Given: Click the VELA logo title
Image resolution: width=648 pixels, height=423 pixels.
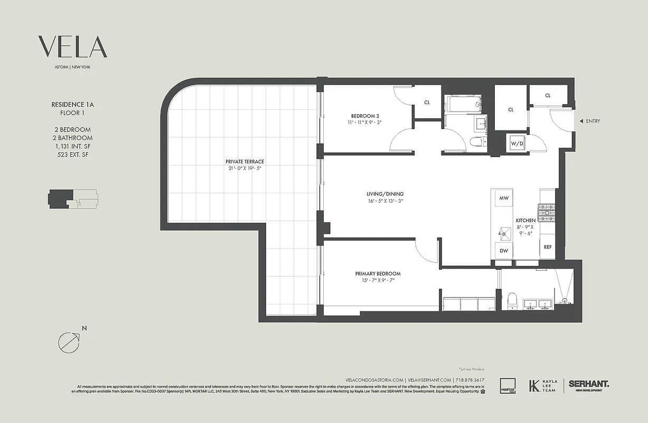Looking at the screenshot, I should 72,47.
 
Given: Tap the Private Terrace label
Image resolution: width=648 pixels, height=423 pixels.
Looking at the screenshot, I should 245,162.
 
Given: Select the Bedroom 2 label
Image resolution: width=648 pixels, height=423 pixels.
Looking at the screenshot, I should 365,116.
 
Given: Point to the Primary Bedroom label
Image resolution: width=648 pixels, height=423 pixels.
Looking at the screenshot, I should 378,273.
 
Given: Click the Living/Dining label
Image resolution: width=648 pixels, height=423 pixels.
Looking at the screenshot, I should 386,194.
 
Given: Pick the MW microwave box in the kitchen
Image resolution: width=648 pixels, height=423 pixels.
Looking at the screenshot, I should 504,198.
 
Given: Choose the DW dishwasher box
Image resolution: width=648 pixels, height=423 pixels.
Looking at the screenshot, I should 504,251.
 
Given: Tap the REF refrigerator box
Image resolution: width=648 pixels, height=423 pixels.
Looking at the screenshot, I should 548,247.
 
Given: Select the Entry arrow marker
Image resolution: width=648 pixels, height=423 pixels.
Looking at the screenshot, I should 581,121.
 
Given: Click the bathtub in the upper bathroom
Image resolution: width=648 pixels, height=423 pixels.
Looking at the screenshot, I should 463,104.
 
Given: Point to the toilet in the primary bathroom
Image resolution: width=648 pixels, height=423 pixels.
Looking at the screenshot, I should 511,301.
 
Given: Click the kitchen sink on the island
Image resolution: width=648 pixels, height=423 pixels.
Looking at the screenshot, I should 503,231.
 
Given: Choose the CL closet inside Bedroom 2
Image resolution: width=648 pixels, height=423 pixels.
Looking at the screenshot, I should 427,102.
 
